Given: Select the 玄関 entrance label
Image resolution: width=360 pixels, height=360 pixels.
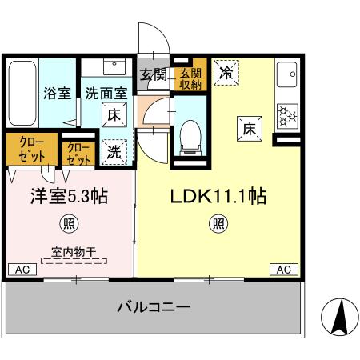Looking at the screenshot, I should coord(153,75).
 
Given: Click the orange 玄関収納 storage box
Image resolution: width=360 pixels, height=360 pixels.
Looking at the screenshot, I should coord(189,75).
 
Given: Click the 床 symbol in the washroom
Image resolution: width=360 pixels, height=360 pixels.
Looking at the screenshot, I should coord(114,114).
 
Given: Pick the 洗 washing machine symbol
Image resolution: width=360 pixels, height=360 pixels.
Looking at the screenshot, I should coord(114,149).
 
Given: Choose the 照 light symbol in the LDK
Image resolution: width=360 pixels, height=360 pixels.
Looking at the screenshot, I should coord(216,223).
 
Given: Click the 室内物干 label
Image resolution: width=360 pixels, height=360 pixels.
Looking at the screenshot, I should coord(74,252).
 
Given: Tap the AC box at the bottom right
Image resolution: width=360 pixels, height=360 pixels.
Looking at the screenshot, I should coord(282,270).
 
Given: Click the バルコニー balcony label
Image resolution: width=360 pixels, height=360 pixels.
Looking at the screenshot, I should coord(154,308).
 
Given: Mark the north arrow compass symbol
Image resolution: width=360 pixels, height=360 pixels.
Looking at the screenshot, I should coord(339,318).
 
